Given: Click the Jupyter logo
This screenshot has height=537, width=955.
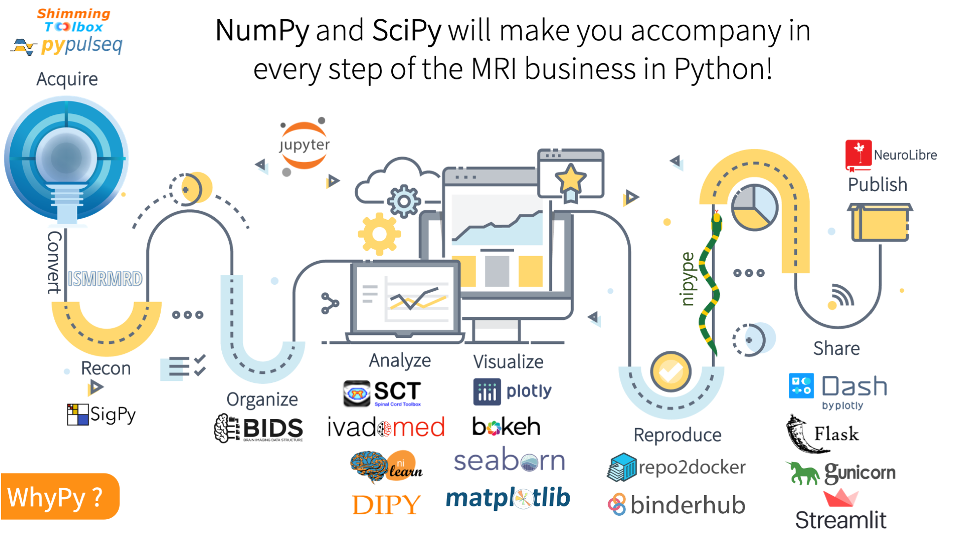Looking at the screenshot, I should click(304, 145).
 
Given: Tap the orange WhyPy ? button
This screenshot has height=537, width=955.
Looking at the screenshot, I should click(60, 497).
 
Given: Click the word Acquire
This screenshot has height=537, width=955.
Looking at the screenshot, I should click(67, 79).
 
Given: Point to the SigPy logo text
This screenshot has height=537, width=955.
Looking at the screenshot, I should click(112, 415).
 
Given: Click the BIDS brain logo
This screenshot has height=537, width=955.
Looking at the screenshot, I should click(226, 428).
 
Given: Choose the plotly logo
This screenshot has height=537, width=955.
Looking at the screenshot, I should click(512, 392).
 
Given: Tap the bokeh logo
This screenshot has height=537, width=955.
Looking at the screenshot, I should click(506, 427).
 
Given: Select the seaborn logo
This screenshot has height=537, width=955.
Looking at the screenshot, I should click(509, 461).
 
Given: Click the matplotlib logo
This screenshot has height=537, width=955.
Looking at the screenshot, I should click(508, 498).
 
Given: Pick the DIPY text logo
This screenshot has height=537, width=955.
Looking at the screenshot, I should click(386, 505).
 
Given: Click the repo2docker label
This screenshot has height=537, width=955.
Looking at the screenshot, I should click(691, 467).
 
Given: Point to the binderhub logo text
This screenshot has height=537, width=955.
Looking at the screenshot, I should click(687, 505).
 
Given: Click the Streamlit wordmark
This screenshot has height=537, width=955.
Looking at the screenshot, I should click(841, 520).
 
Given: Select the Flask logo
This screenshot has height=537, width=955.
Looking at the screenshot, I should click(823, 434).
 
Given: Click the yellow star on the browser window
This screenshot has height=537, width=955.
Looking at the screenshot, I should click(570, 178).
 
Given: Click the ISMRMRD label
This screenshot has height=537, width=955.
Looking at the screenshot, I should click(105, 279).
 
